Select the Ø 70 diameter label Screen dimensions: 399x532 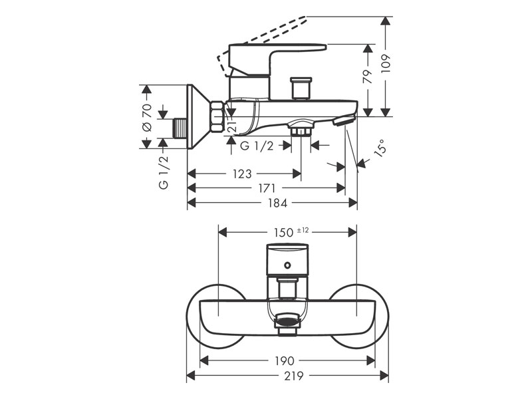coord(148,116)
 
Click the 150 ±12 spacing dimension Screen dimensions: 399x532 coord(291,231)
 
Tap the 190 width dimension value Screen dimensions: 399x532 coord(285,360)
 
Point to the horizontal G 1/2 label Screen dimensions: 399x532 coord(257,146)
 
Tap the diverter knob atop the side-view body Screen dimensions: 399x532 coord(303,88)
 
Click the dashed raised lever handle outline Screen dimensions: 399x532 coord(266,37)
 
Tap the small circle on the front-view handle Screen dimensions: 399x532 coord(287,267)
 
